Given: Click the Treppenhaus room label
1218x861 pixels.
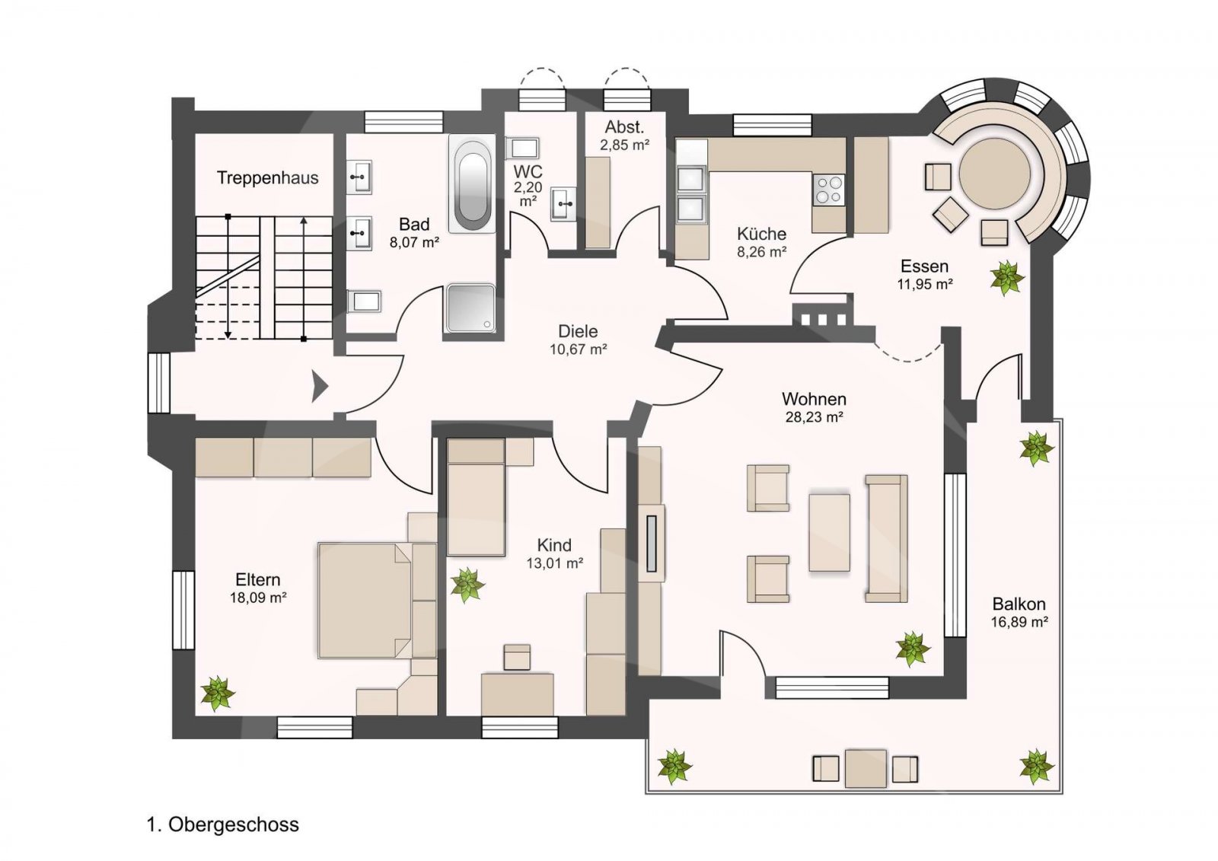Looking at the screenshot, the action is [x=267, y=178].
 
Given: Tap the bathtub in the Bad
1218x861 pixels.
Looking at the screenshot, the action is [x=472, y=183].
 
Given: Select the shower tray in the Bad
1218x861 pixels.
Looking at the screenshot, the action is [x=471, y=308].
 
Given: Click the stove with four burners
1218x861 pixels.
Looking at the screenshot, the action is [x=829, y=190].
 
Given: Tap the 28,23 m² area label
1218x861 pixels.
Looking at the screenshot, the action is [x=814, y=417].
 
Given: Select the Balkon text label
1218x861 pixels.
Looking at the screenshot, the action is [x=1019, y=604].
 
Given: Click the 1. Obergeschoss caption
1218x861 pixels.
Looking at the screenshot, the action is [x=223, y=824].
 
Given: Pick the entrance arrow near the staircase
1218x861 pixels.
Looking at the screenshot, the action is [x=320, y=387].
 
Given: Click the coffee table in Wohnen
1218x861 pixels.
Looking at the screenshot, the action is [x=829, y=532].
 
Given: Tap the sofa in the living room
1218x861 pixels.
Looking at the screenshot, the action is [x=886, y=538].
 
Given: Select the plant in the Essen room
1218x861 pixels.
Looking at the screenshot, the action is [x=1007, y=278].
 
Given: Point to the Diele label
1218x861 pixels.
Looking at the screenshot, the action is [x=578, y=331].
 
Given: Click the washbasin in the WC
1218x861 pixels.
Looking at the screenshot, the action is [x=563, y=204].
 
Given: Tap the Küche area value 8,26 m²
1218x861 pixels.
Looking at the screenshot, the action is [x=762, y=252].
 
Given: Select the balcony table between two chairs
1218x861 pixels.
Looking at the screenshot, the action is [x=866, y=768].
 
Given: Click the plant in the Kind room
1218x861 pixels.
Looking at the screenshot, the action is [x=467, y=585].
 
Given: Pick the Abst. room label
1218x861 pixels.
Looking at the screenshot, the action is [x=625, y=127].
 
